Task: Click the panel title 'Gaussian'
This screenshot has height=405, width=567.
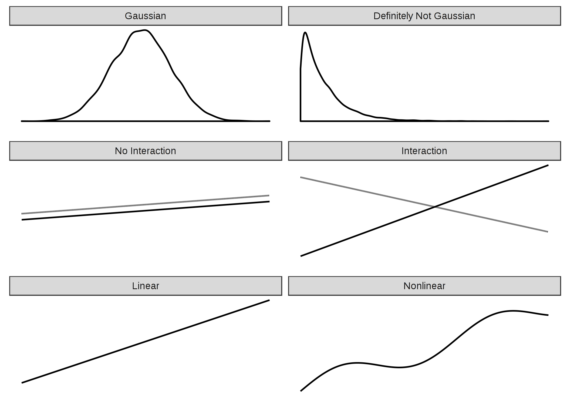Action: (x=145, y=16)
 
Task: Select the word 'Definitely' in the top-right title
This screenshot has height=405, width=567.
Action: (x=393, y=16)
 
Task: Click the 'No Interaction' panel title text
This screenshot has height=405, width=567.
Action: (x=145, y=151)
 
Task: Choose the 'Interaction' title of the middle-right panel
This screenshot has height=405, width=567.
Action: (x=424, y=151)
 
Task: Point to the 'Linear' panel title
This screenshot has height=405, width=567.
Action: (x=146, y=286)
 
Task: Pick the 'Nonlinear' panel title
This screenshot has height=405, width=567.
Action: (x=424, y=286)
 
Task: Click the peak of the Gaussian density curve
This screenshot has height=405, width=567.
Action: (x=145, y=30)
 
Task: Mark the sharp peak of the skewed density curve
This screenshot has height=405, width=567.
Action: (x=305, y=33)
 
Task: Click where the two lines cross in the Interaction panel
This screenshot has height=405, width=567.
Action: (x=435, y=207)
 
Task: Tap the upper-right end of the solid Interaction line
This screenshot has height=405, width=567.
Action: (x=548, y=165)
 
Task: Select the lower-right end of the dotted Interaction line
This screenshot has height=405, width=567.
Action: (x=548, y=232)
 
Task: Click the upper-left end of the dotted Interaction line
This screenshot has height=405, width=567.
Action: (x=301, y=177)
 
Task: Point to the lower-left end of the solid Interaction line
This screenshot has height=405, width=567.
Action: (x=301, y=256)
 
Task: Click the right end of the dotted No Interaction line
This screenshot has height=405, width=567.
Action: (x=269, y=195)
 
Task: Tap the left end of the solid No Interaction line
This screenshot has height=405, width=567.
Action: (x=22, y=220)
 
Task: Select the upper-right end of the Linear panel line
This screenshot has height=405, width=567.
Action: (x=269, y=300)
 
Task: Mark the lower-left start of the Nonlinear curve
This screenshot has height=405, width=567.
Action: (x=301, y=391)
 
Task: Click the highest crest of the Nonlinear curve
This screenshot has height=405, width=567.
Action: (x=512, y=311)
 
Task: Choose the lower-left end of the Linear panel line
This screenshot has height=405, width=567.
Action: (x=22, y=383)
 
